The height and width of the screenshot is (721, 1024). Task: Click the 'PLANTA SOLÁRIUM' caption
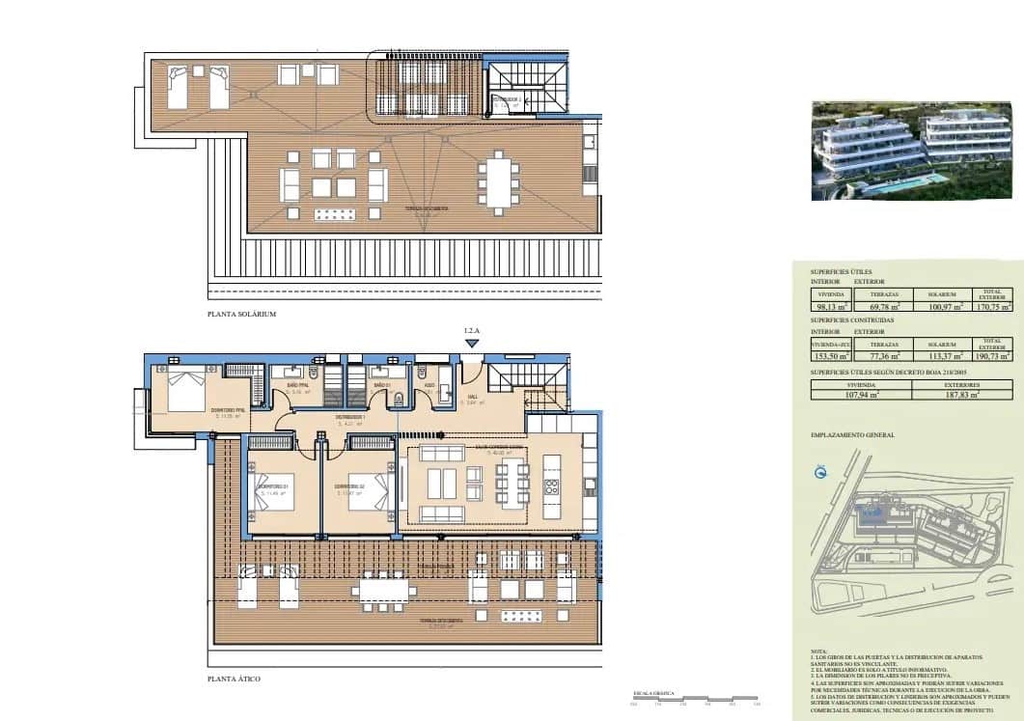coord(242,315)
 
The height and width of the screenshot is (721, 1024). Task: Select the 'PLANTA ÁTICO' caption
coord(234,679)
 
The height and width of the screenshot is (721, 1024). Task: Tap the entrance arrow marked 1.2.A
coord(471,342)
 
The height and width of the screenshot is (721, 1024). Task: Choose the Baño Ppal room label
coord(296,390)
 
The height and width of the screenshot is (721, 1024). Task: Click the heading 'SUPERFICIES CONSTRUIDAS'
coord(852,319)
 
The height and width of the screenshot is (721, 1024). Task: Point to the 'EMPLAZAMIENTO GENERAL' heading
coord(852,435)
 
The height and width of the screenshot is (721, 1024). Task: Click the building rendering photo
coord(908,151)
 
